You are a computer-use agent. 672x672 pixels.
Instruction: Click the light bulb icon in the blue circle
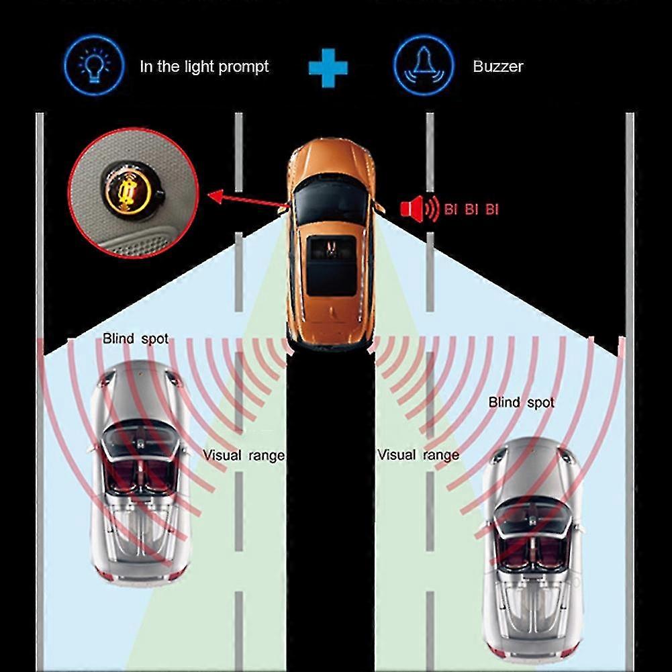pyautogui.click(x=93, y=65)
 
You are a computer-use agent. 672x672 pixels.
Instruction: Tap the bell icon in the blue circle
pyautogui.click(x=421, y=65)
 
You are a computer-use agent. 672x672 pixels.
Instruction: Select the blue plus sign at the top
pyautogui.click(x=328, y=67)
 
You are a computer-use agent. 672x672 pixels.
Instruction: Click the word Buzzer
pyautogui.click(x=497, y=66)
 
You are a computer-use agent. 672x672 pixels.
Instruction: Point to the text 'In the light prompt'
pyautogui.click(x=204, y=66)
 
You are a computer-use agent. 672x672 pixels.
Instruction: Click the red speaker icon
pyautogui.click(x=412, y=209)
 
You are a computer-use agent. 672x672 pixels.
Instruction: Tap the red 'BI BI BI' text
pyautogui.click(x=471, y=209)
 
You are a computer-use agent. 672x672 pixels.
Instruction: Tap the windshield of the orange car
pyautogui.click(x=331, y=201)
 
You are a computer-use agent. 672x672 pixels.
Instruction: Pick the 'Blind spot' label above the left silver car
pyautogui.click(x=136, y=339)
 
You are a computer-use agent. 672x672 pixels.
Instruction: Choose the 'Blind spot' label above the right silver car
pyautogui.click(x=522, y=403)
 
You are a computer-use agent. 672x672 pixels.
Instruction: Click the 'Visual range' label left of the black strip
pyautogui.click(x=244, y=455)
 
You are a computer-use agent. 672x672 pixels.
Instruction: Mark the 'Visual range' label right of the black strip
pyautogui.click(x=418, y=455)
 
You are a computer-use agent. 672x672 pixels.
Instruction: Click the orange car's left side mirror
pyautogui.click(x=284, y=209)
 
